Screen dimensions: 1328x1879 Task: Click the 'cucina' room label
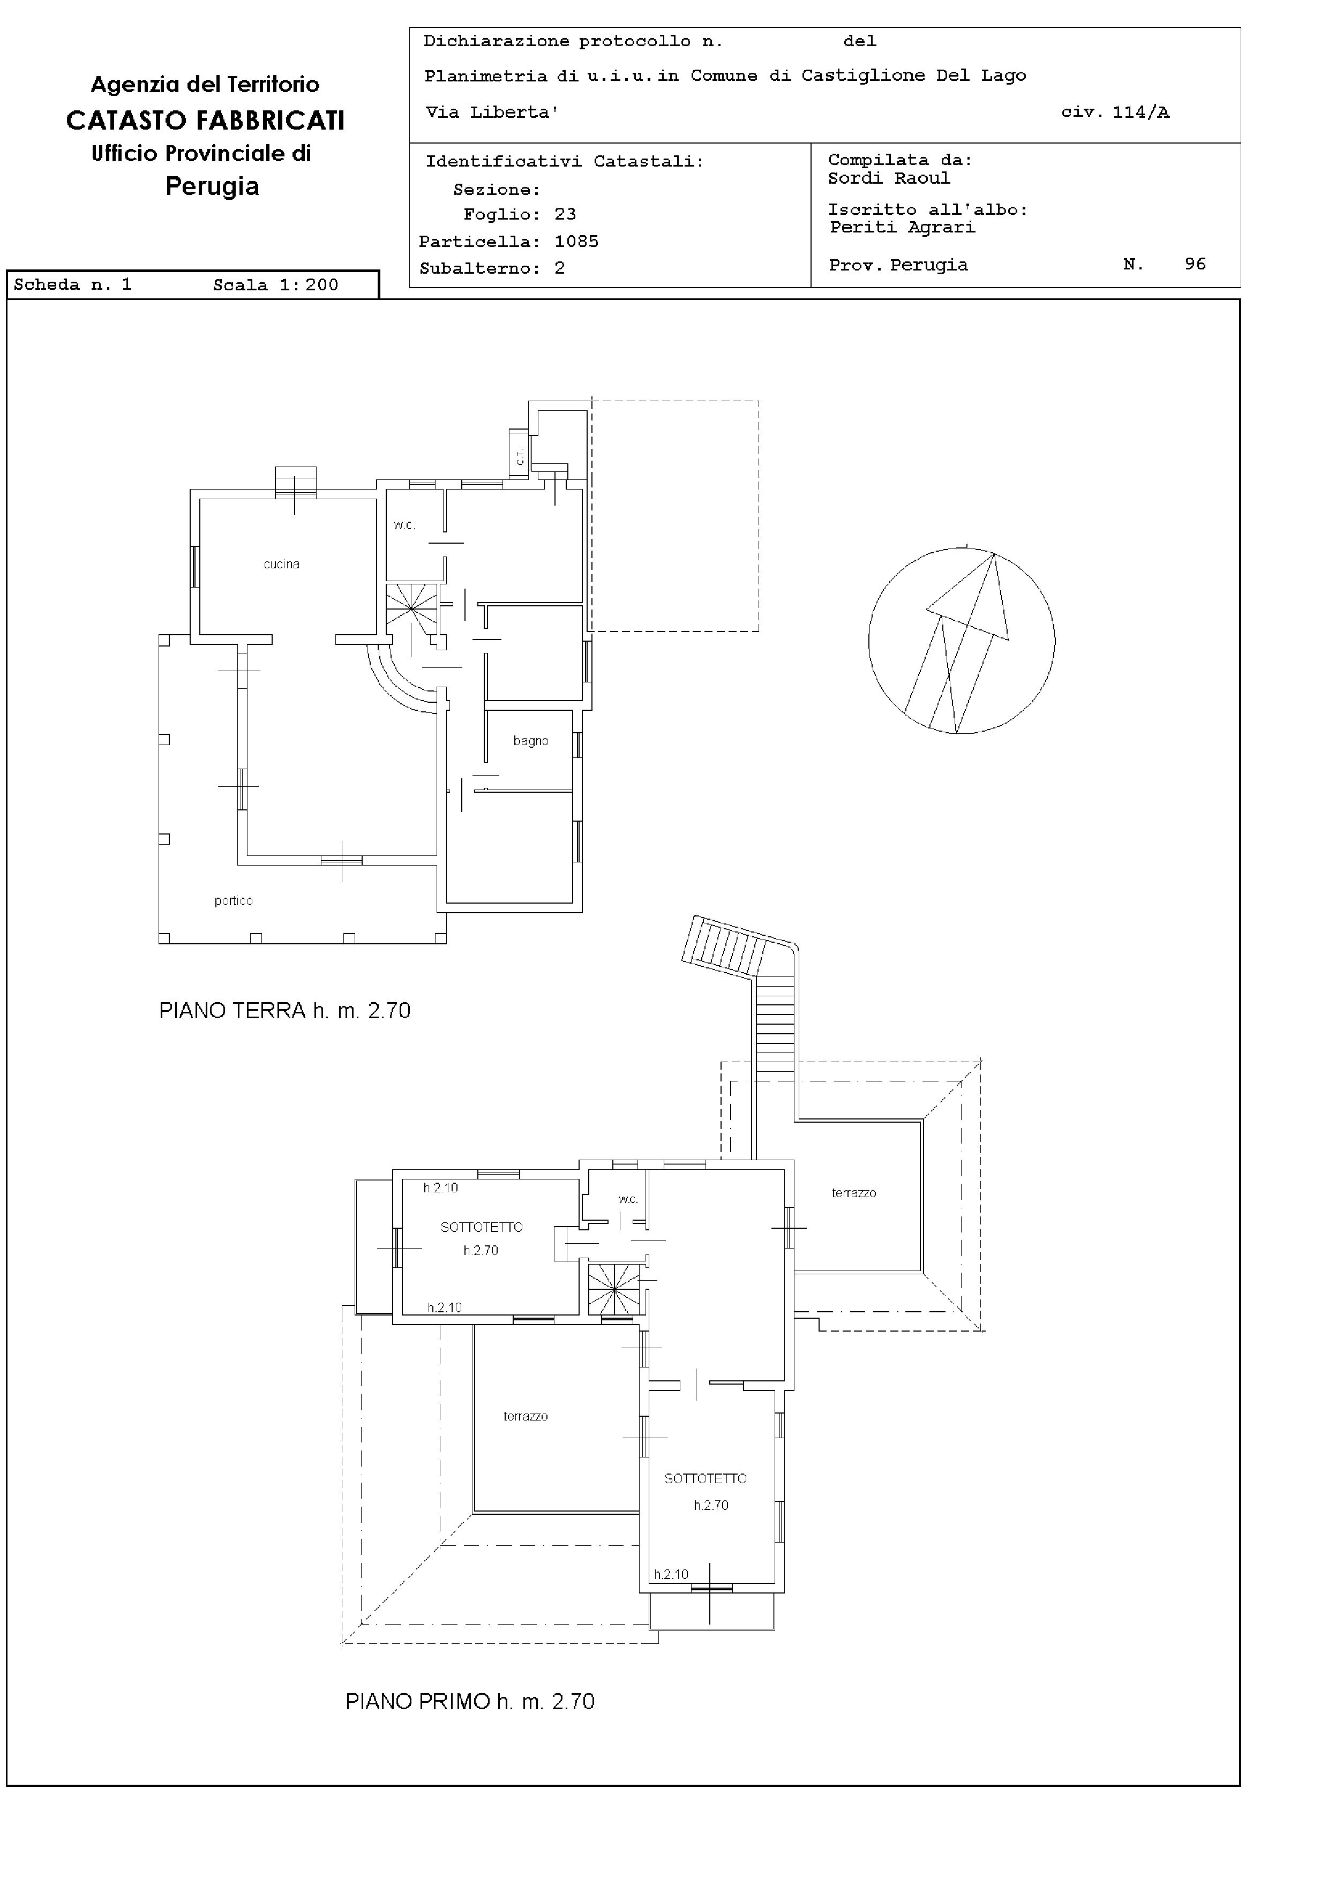click(281, 564)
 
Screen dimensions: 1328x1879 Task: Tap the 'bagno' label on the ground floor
click(530, 741)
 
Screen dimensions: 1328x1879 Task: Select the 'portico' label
click(233, 901)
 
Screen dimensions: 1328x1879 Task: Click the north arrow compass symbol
click(962, 640)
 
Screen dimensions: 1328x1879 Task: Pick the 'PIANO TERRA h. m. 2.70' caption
click(285, 1011)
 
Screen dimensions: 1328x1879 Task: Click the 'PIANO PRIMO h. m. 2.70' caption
click(470, 1701)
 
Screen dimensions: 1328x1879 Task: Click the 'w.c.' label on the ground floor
click(404, 525)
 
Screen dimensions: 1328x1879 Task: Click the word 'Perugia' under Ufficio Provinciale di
click(212, 186)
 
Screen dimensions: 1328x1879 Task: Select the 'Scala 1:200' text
click(276, 285)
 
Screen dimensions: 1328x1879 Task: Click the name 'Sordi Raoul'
click(889, 178)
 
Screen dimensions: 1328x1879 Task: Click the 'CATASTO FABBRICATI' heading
click(205, 121)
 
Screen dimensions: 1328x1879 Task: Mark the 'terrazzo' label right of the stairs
click(853, 1193)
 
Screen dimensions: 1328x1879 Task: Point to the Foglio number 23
click(565, 214)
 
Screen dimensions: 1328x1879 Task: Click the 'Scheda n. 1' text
click(73, 285)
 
